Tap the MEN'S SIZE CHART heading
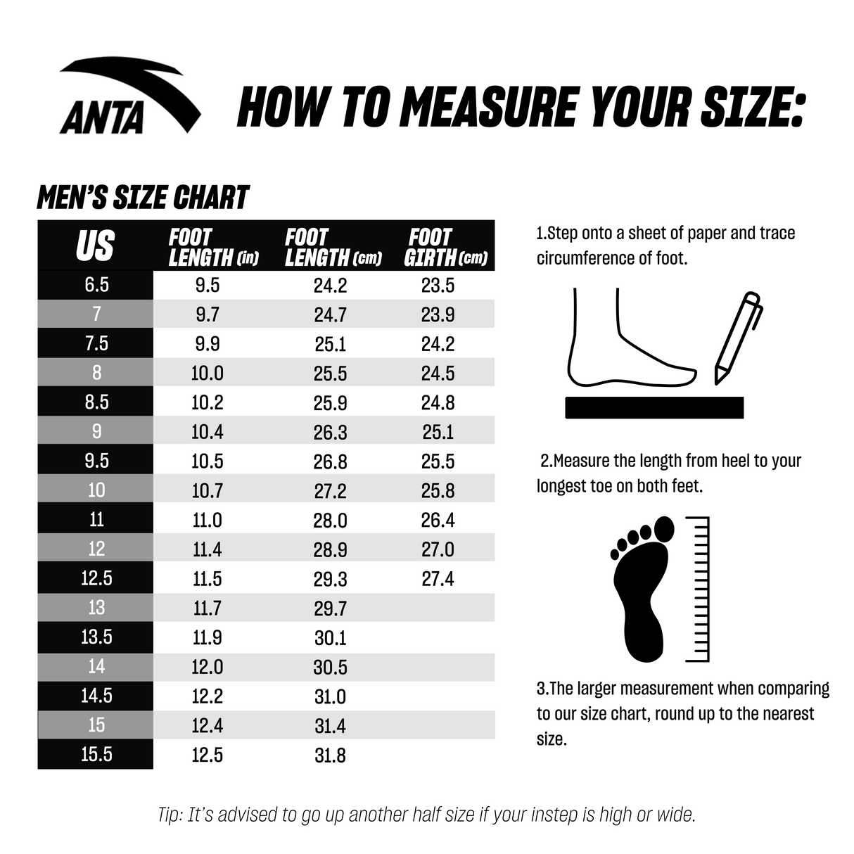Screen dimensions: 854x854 tap(143, 198)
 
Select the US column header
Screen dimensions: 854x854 tap(95, 246)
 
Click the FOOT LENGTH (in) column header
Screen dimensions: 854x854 tap(212, 247)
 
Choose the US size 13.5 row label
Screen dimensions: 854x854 tap(96, 637)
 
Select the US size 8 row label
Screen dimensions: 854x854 tap(96, 372)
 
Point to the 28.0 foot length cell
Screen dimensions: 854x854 tap(330, 521)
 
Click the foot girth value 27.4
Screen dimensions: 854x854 tap(438, 579)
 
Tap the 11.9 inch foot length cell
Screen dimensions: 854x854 tap(207, 637)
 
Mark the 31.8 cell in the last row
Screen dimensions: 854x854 tap(330, 756)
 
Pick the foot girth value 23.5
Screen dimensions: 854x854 tap(438, 285)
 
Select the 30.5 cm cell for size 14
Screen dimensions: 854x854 tap(330, 667)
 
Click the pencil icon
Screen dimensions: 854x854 tap(737, 337)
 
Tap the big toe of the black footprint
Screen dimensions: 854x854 tap(663, 529)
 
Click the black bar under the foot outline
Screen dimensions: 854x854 tap(654, 407)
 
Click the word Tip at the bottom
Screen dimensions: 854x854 tap(170, 815)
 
